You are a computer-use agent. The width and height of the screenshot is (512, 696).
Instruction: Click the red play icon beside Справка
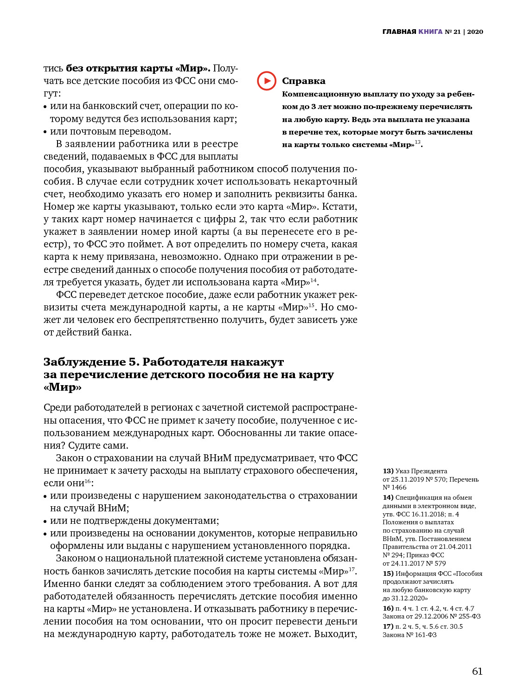[x=267, y=81]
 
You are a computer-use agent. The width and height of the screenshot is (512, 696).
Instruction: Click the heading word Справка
[x=303, y=81]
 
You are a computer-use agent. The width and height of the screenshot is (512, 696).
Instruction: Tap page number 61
[x=477, y=671]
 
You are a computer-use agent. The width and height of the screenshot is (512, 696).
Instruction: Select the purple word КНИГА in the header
[x=430, y=32]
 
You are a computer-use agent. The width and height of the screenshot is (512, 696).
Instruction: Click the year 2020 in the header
[x=475, y=32]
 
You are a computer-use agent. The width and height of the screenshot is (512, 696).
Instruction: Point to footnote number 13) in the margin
[x=388, y=471]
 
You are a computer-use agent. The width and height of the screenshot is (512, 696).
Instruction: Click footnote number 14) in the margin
[x=388, y=497]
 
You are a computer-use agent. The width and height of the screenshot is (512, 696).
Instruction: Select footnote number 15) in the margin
[x=388, y=574]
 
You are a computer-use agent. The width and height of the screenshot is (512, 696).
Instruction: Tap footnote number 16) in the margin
[x=388, y=608]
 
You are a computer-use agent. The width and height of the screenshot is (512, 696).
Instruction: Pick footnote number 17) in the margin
[x=388, y=626]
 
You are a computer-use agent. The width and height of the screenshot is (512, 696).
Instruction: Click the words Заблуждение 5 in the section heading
[x=91, y=362]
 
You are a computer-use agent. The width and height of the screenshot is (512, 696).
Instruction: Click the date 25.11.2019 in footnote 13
[x=407, y=479]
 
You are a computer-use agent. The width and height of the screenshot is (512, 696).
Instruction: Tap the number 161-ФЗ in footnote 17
[x=425, y=635]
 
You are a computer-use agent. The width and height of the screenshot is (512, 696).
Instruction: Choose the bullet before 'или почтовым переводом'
[x=45, y=132]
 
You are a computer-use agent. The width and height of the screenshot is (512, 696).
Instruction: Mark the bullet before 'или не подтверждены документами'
[x=45, y=522]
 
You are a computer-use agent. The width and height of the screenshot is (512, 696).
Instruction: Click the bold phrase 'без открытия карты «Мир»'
[x=138, y=68]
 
